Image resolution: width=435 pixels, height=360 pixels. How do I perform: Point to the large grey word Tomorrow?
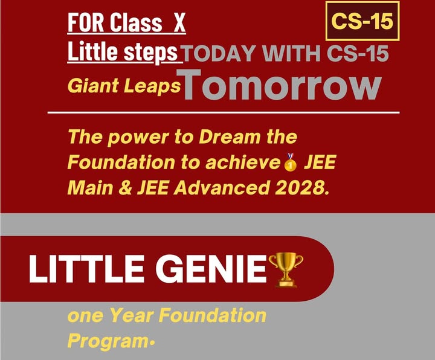tap(282, 86)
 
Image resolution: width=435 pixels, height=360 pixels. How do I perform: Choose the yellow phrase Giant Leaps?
tap(124, 86)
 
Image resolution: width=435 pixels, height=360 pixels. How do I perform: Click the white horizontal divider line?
tap(224, 112)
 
